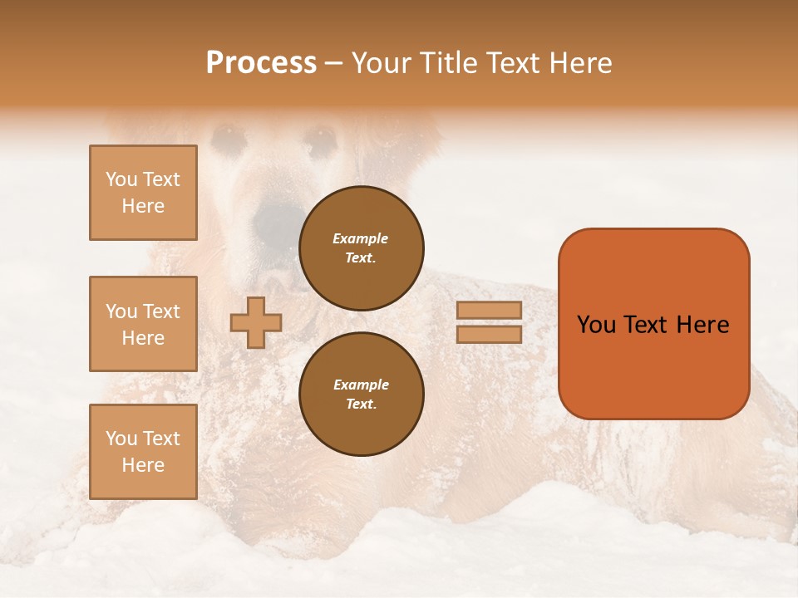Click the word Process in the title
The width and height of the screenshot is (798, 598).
pyautogui.click(x=261, y=63)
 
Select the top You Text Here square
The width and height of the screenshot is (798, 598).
pyautogui.click(x=143, y=193)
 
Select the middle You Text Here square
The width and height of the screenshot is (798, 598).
pyautogui.click(x=143, y=324)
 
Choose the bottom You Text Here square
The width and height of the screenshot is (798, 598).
pyautogui.click(x=143, y=452)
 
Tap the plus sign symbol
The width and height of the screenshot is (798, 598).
pyautogui.click(x=255, y=323)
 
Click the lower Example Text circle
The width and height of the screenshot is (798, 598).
pyautogui.click(x=361, y=395)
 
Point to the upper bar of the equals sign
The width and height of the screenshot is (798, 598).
pyautogui.click(x=490, y=311)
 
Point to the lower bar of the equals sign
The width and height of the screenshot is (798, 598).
pyautogui.click(x=490, y=334)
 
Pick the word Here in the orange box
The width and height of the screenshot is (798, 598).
pyautogui.click(x=702, y=325)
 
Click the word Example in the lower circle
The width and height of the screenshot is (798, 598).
pyautogui.click(x=361, y=385)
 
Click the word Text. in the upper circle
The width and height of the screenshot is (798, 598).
pyautogui.click(x=361, y=258)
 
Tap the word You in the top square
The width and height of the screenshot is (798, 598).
pyautogui.click(x=121, y=179)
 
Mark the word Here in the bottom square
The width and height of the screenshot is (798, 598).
pyautogui.click(x=143, y=465)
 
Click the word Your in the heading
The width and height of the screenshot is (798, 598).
pyautogui.click(x=380, y=63)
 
